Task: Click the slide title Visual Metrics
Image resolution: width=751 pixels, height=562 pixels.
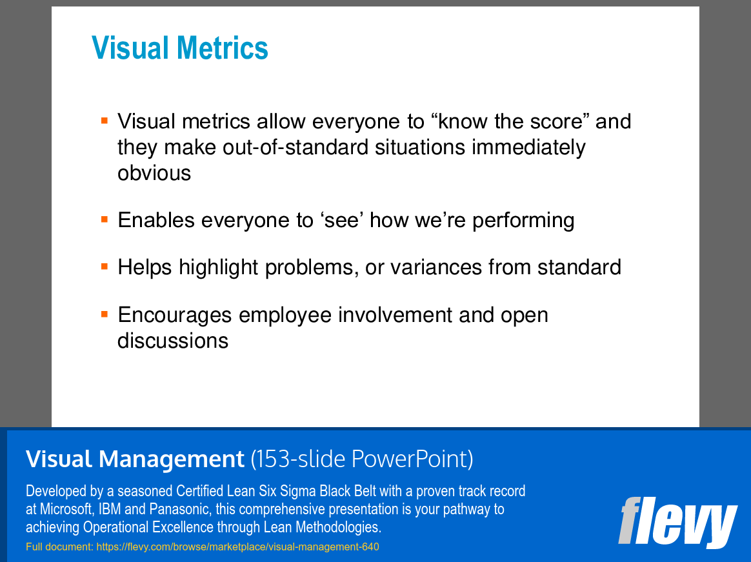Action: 179,48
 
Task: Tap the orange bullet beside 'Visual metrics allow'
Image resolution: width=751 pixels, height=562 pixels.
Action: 105,120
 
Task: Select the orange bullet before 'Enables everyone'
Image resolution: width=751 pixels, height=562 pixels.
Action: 105,219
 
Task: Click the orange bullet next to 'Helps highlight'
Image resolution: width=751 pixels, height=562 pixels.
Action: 105,266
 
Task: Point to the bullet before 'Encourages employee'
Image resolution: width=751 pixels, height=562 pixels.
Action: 105,314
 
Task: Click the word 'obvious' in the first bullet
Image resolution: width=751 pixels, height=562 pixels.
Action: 154,173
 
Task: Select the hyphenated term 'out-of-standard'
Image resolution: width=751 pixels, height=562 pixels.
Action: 295,147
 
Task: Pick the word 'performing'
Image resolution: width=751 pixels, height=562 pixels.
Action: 523,221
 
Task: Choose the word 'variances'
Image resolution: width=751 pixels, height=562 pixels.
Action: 436,267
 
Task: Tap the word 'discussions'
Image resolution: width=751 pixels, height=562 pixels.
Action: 173,341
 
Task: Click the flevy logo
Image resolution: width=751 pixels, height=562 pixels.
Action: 677,523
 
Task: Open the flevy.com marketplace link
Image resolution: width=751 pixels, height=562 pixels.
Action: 237,547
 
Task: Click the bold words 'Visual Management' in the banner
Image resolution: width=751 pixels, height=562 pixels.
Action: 135,459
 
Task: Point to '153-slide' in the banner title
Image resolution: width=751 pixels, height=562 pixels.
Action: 301,459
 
